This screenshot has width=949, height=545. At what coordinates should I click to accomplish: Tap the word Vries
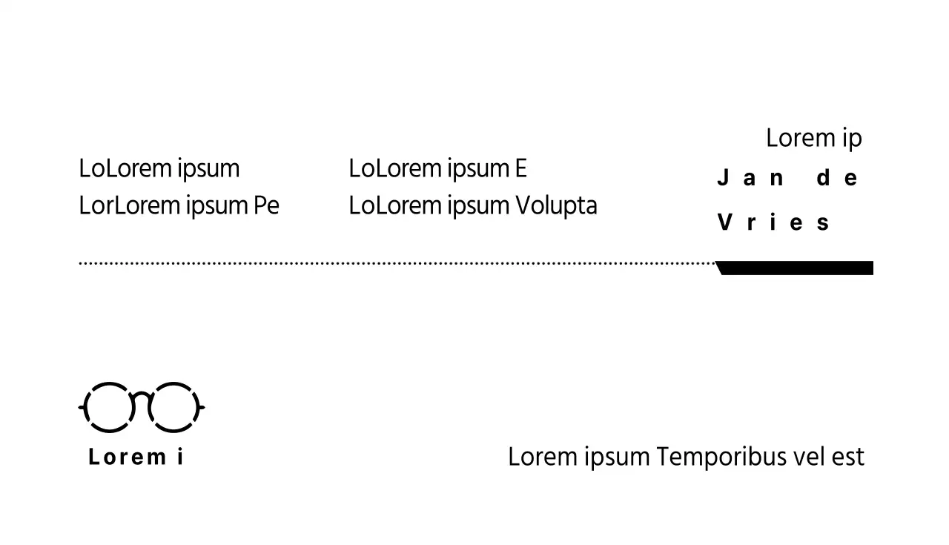(773, 222)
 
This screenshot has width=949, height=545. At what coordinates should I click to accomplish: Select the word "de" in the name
(837, 179)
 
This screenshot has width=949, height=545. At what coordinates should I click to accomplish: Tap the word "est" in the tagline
(848, 457)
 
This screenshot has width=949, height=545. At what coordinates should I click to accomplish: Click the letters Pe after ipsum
(266, 205)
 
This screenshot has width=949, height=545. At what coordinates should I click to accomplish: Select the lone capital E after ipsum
(520, 168)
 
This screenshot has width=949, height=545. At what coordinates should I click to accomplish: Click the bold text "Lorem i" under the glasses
(136, 457)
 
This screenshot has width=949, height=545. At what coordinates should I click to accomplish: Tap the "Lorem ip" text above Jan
(813, 138)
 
